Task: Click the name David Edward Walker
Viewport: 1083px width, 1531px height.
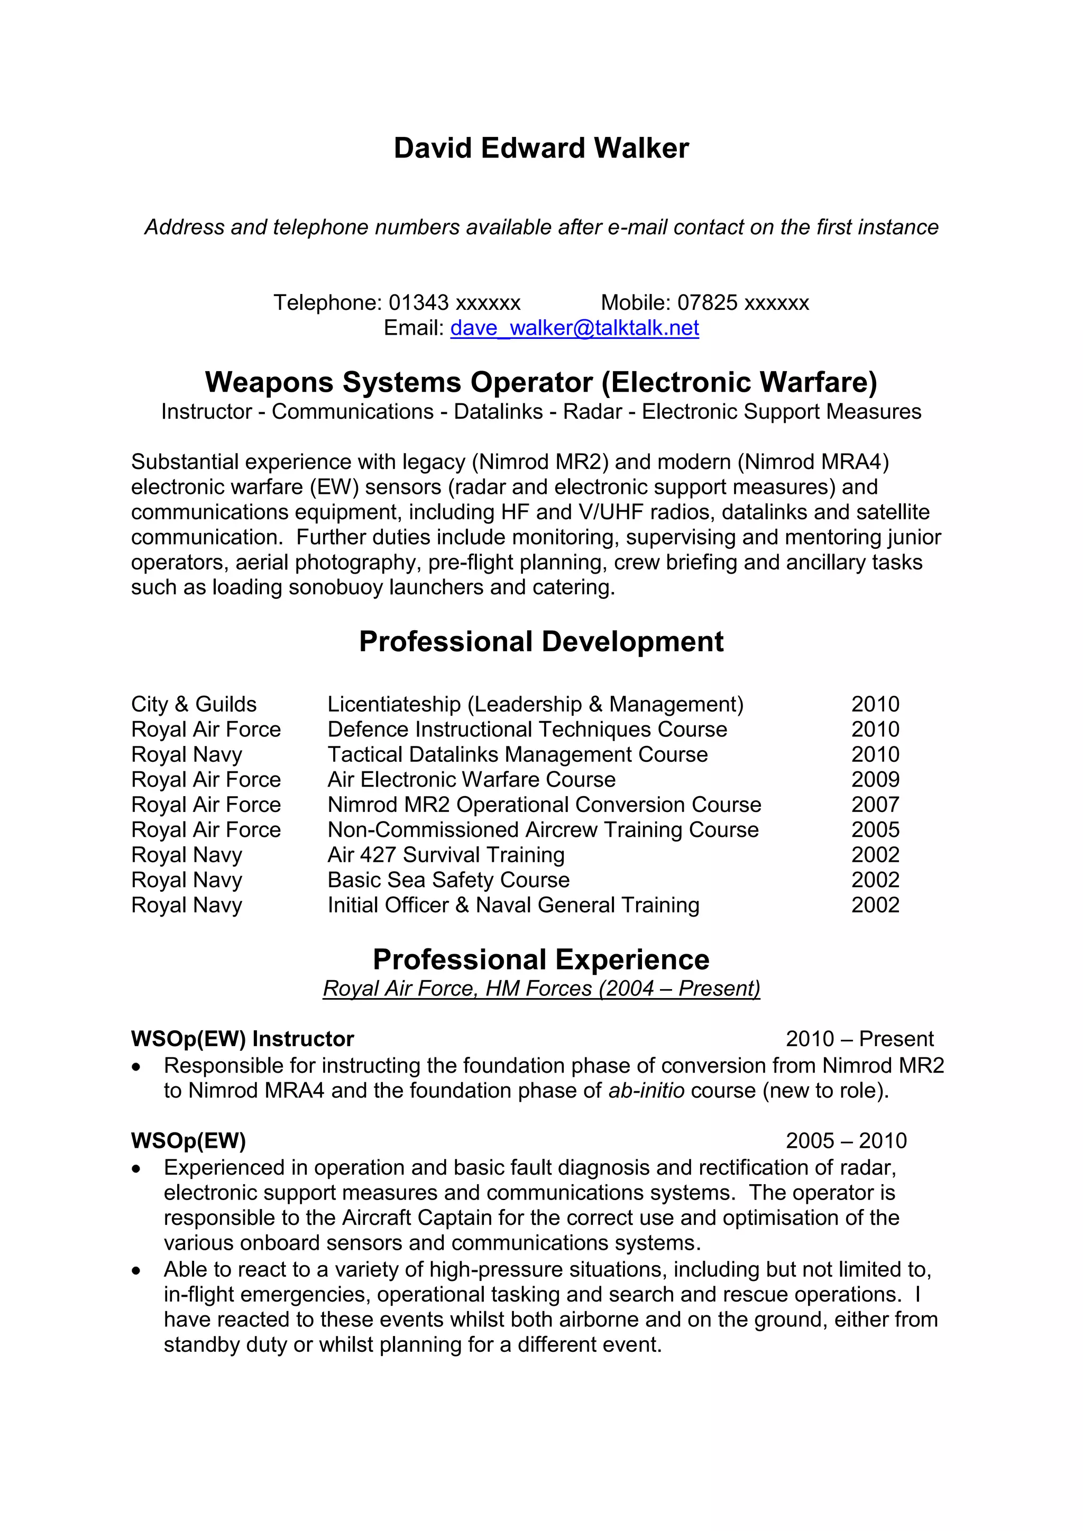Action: (x=541, y=148)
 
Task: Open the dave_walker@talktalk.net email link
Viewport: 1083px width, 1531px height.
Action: (x=574, y=328)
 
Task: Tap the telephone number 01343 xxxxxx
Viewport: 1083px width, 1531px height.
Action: (x=454, y=303)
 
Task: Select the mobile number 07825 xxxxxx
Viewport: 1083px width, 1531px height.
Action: (x=743, y=303)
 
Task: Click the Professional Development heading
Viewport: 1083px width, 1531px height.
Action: (x=541, y=641)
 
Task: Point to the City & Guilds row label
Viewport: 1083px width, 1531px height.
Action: (x=194, y=704)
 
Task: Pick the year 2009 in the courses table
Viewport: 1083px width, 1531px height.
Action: (x=875, y=779)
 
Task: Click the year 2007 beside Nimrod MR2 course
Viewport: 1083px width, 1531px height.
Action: (x=875, y=805)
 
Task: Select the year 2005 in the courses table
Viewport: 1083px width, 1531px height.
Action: (x=875, y=829)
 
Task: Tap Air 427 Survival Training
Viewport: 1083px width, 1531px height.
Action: (x=445, y=855)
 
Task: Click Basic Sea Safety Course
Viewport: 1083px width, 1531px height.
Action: (x=448, y=880)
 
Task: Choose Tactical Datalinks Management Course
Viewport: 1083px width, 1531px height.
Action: (x=518, y=754)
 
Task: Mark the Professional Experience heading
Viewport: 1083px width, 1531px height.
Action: (x=541, y=960)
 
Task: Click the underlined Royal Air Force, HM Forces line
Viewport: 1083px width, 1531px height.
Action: (x=541, y=988)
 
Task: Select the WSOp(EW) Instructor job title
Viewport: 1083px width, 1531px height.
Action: (x=242, y=1039)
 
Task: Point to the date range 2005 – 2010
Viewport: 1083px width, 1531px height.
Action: (x=846, y=1141)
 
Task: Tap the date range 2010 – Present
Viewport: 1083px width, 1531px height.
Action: (x=859, y=1039)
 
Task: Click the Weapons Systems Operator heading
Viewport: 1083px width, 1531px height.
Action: (x=541, y=382)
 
